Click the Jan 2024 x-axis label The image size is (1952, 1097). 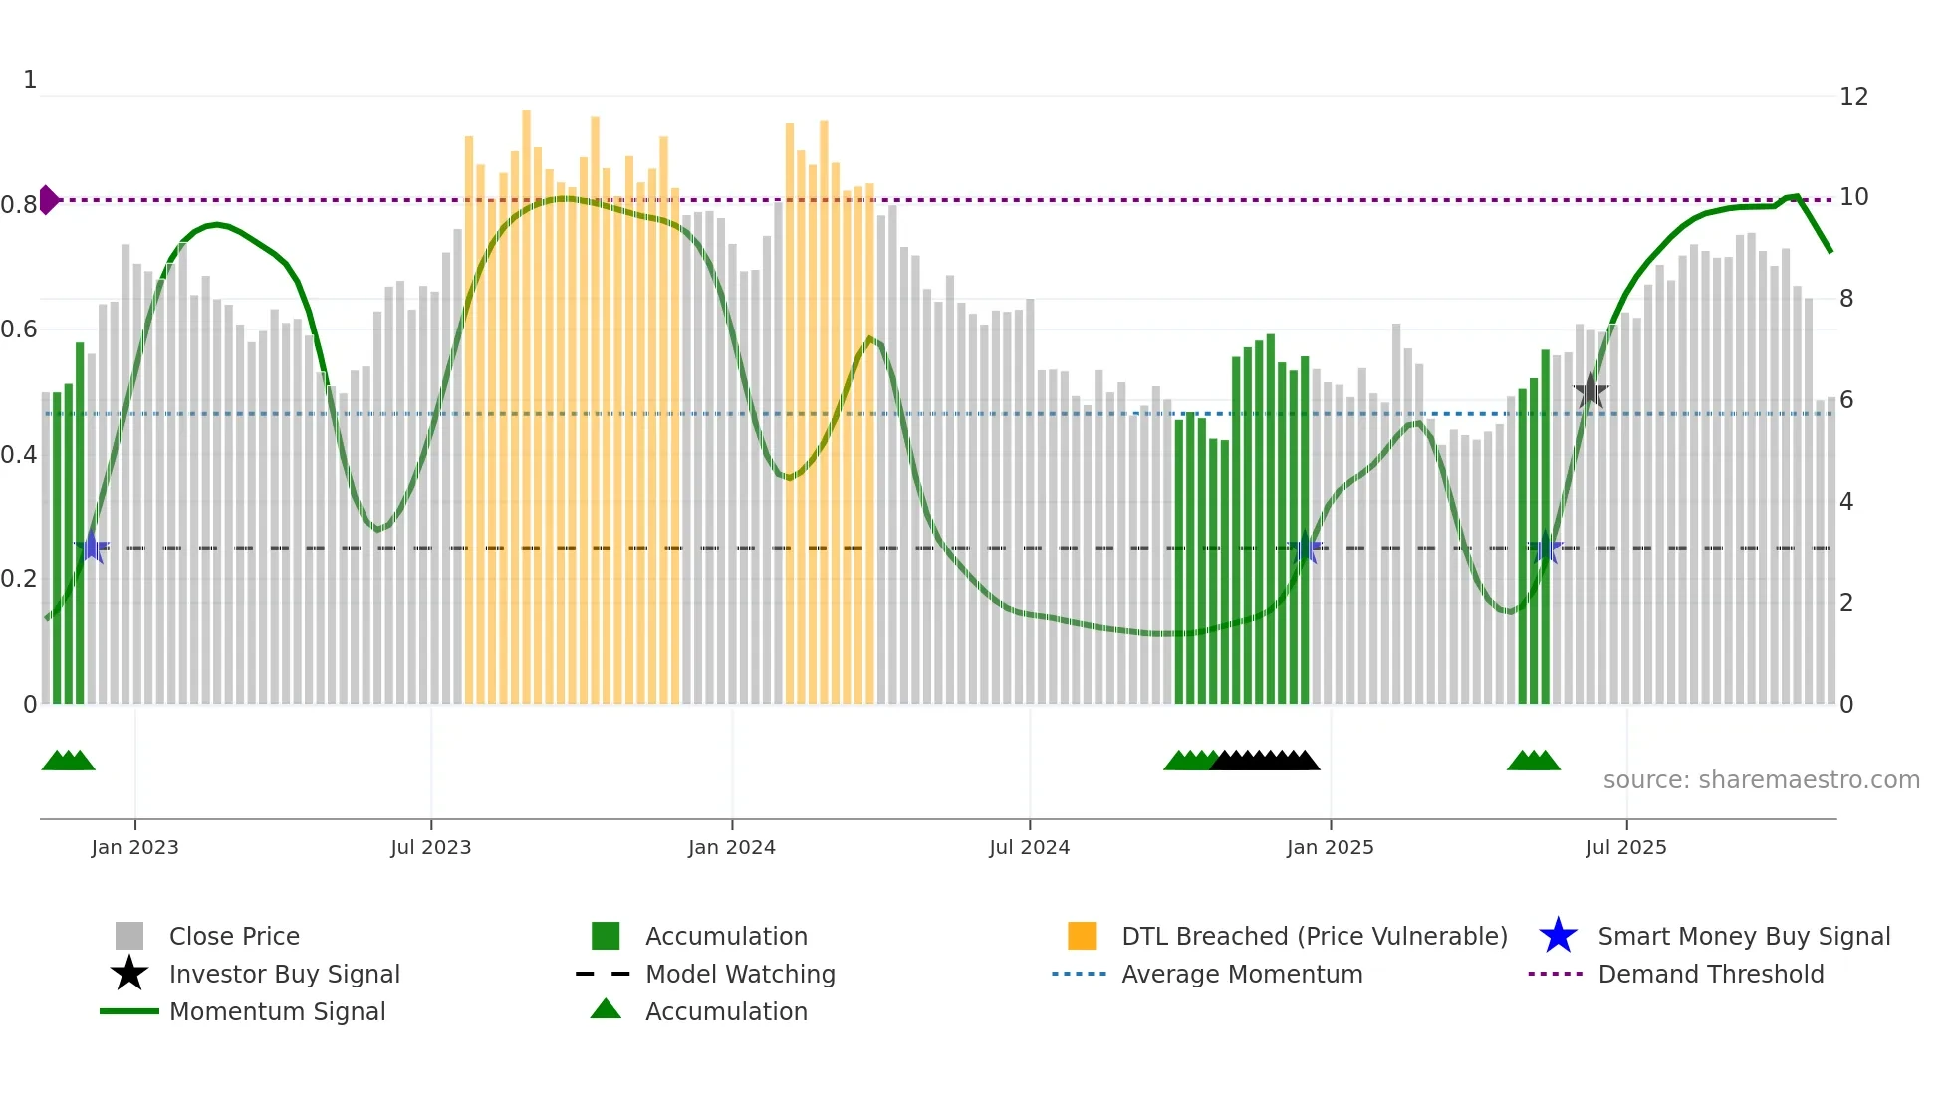731,847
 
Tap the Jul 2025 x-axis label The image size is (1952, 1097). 1625,847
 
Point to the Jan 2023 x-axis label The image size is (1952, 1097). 134,847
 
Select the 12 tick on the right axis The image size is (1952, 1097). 1853,97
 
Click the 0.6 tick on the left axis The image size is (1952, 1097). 19,329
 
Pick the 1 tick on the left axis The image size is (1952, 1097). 30,80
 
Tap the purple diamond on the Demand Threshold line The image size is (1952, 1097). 48,200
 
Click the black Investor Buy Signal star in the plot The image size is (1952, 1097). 1590,391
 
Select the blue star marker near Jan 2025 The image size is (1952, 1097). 1305,548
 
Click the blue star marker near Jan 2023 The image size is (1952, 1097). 92,548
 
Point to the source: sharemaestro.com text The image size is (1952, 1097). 1761,780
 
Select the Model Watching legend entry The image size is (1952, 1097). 739,974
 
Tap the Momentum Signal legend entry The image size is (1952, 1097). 277,1011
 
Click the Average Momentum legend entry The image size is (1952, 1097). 1241,974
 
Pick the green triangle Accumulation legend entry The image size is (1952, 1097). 725,1011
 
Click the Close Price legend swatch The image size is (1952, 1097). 129,936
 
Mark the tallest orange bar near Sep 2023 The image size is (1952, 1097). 526,398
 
